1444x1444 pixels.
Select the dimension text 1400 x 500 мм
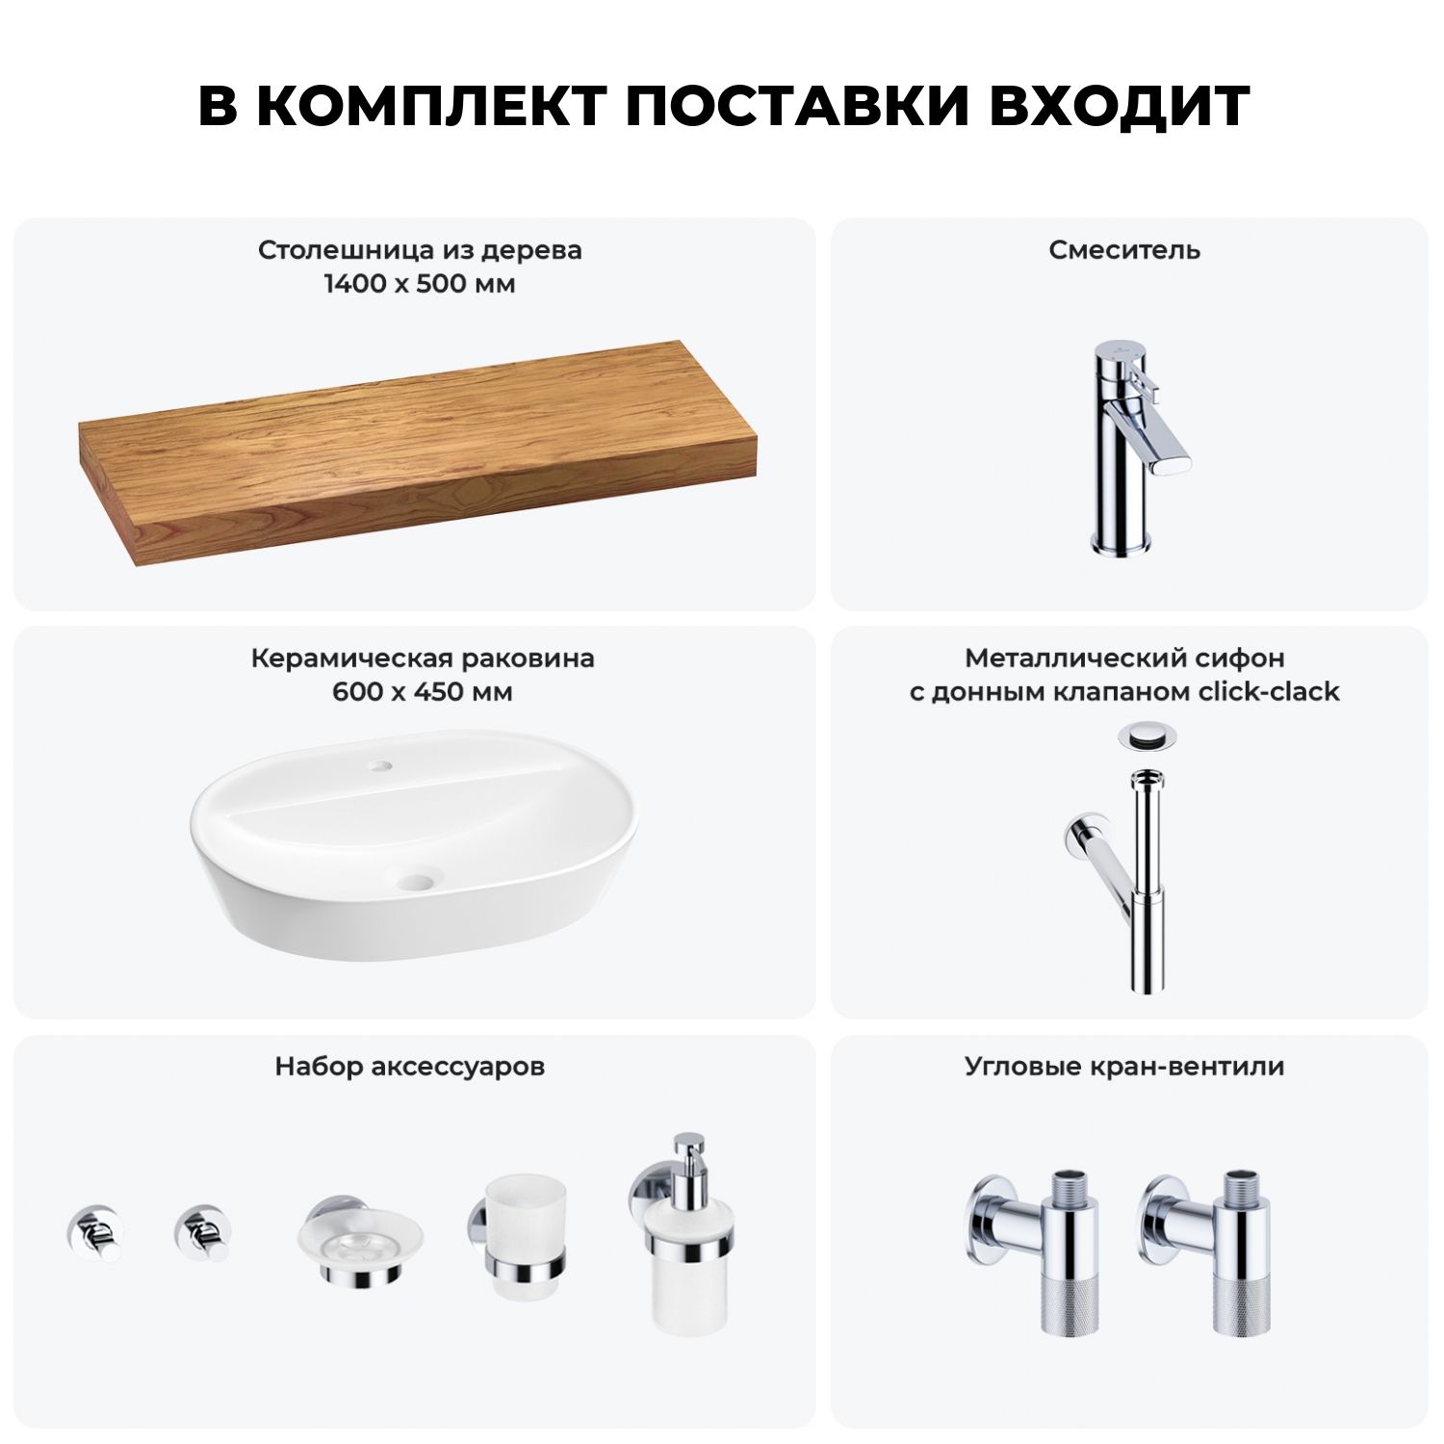(420, 284)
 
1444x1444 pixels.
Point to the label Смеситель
(1124, 250)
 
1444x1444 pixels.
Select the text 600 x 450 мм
(423, 692)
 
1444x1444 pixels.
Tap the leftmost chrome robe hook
(94, 1231)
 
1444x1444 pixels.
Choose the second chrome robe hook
(202, 1231)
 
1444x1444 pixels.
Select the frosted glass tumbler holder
(518, 1237)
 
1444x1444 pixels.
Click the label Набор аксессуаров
(409, 1067)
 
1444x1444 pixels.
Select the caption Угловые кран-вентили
(1124, 1067)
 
